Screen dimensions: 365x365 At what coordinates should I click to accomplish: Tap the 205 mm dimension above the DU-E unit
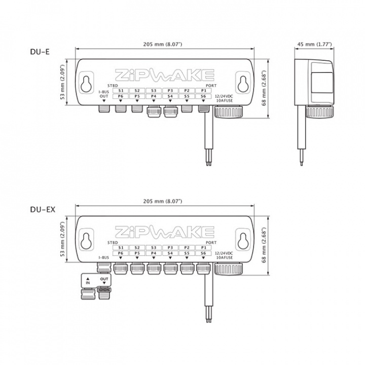[165, 45]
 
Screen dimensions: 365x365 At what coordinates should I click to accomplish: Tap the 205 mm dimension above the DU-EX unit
[165, 201]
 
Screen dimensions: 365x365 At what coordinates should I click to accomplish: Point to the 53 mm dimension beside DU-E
[64, 83]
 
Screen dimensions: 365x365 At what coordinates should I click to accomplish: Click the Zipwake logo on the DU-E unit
[165, 75]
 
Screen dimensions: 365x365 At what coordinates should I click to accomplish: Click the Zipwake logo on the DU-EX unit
[165, 232]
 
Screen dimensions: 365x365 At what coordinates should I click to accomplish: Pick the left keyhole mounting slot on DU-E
[87, 83]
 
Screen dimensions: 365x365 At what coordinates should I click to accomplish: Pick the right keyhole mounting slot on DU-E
[243, 83]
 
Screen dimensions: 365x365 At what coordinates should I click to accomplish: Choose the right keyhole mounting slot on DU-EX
[243, 239]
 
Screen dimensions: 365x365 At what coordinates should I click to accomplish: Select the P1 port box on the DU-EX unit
[203, 247]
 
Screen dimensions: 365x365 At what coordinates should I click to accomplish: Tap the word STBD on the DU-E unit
[113, 85]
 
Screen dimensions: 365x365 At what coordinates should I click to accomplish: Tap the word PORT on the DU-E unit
[205, 85]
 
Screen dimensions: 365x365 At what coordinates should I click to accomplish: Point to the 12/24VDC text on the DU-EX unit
[224, 252]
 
